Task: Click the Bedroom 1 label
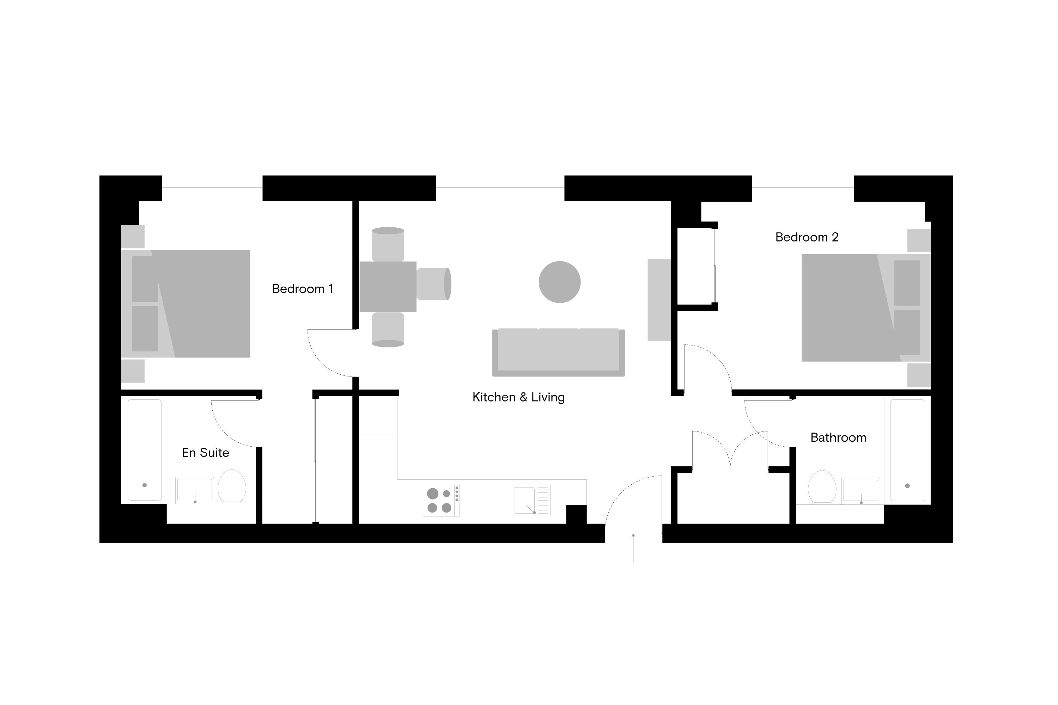pyautogui.click(x=302, y=289)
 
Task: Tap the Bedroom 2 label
pyautogui.click(x=807, y=237)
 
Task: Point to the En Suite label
pyautogui.click(x=205, y=452)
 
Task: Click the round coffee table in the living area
pyautogui.click(x=560, y=282)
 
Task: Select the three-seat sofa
pyautogui.click(x=558, y=352)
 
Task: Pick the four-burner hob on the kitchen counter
pyautogui.click(x=441, y=501)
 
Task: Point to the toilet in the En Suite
pyautogui.click(x=232, y=486)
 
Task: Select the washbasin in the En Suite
pyautogui.click(x=194, y=490)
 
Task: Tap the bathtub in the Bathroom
pyautogui.click(x=907, y=450)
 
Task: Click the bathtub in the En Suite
pyautogui.click(x=144, y=450)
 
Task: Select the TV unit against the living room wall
pyautogui.click(x=659, y=300)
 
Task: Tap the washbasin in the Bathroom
pyautogui.click(x=861, y=491)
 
